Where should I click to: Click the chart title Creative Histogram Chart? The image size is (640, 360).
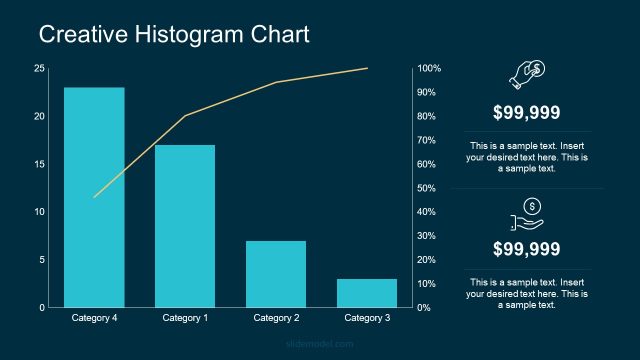pos(174,34)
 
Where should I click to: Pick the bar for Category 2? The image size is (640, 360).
pos(276,274)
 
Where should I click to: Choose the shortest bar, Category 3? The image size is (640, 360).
pos(367,293)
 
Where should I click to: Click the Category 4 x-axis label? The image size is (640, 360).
pos(95,318)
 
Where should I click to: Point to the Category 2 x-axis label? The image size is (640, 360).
pos(276,318)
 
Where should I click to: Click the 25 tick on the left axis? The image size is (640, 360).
pos(39,68)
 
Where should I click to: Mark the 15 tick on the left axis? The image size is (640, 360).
pos(39,164)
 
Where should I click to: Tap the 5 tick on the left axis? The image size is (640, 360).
pos(41,260)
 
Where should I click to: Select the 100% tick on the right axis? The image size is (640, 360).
pos(430,68)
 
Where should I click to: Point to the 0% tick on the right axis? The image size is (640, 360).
pos(425,308)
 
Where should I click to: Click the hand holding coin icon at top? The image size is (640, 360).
pos(526,73)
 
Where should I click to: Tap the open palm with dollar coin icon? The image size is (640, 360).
pos(526,212)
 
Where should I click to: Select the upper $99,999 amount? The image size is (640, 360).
pos(526,113)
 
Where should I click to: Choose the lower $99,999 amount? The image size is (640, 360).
pos(526,249)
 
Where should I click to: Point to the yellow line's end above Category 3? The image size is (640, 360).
pos(367,69)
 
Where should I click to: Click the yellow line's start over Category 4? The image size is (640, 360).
pos(94,197)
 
